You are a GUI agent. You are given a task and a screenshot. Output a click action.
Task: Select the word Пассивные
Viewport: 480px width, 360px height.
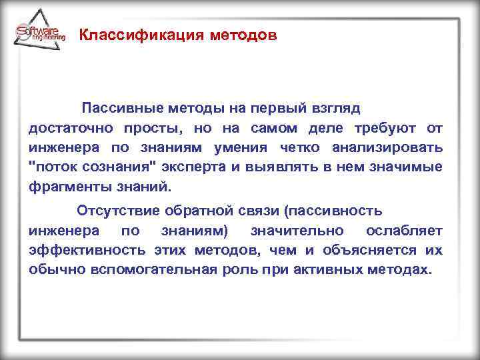tap(120, 107)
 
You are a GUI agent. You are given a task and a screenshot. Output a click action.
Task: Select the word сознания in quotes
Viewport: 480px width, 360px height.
tap(111, 167)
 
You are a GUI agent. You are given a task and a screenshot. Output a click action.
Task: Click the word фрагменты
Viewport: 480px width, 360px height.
tap(65, 186)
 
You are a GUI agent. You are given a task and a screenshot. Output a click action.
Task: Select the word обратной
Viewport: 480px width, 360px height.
tap(192, 211)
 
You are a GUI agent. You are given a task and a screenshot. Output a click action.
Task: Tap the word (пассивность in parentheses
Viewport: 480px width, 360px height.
tap(333, 211)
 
